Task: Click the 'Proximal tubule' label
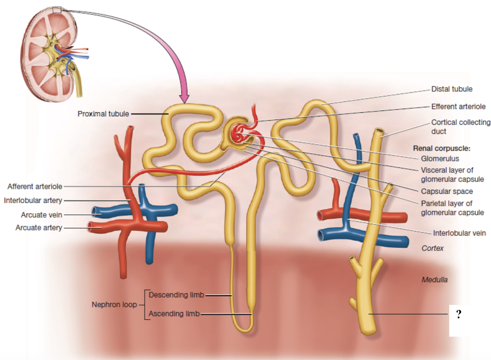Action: click(x=103, y=114)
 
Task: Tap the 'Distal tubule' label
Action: click(x=452, y=89)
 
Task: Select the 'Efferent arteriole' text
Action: click(x=458, y=107)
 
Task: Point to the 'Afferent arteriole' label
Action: click(x=35, y=186)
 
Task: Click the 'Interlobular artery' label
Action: click(x=33, y=200)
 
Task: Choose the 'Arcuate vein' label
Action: click(x=41, y=215)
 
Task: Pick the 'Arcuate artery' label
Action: click(x=39, y=228)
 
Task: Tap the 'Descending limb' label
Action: click(x=176, y=295)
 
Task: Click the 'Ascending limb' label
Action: click(x=174, y=314)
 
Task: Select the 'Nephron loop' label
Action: click(x=114, y=305)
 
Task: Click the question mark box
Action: click(x=459, y=314)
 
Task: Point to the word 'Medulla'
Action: click(x=434, y=280)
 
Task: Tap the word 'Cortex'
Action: click(x=432, y=248)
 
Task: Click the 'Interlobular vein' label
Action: click(x=459, y=233)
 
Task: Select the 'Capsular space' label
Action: click(x=447, y=191)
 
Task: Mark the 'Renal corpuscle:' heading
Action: click(x=442, y=148)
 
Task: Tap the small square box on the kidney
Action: click(x=57, y=10)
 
